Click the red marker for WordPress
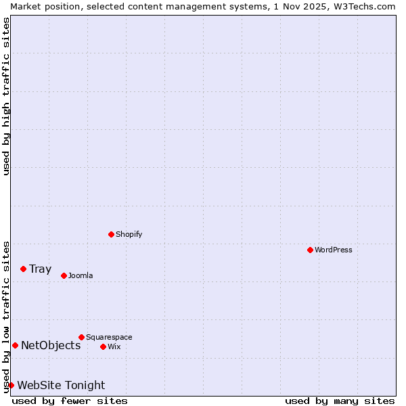(x=311, y=250)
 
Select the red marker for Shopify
(x=112, y=235)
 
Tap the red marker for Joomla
(x=64, y=276)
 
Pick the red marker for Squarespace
(x=82, y=338)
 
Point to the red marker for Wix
(x=104, y=347)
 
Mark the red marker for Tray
(x=24, y=269)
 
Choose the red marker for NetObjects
(x=16, y=346)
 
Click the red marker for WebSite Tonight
(x=12, y=386)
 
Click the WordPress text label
(x=334, y=250)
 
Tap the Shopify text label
(x=129, y=235)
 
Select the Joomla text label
(x=81, y=276)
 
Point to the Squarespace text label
(x=109, y=338)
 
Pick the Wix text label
(x=114, y=347)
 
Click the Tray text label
(x=41, y=269)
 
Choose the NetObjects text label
(x=51, y=346)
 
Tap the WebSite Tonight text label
(x=61, y=386)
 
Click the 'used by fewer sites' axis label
(x=70, y=401)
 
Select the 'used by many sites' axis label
(x=339, y=401)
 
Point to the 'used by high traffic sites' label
(x=6, y=96)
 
